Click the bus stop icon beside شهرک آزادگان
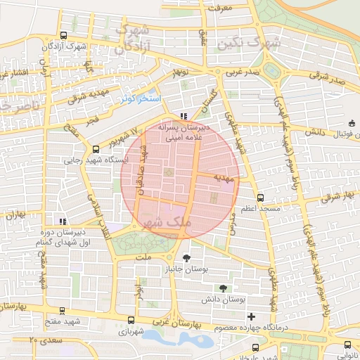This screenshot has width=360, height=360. pos(64,36)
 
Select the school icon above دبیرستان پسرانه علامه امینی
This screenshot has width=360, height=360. pos(184,116)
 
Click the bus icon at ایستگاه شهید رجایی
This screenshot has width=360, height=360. pos(96,148)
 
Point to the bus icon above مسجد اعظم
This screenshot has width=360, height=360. pos(261,198)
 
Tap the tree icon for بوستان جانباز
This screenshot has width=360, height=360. pos(186,257)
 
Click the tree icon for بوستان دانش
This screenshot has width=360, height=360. pos(223,288)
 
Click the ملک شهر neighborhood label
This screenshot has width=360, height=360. pos(167,223)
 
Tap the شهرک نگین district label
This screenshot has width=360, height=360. pos(249,44)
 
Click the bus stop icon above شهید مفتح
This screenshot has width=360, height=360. pos(63,309)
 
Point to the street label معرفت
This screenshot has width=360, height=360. pos(220,8)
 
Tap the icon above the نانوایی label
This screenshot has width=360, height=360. pos(347,333)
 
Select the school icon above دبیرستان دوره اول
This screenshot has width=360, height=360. pos(63,221)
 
